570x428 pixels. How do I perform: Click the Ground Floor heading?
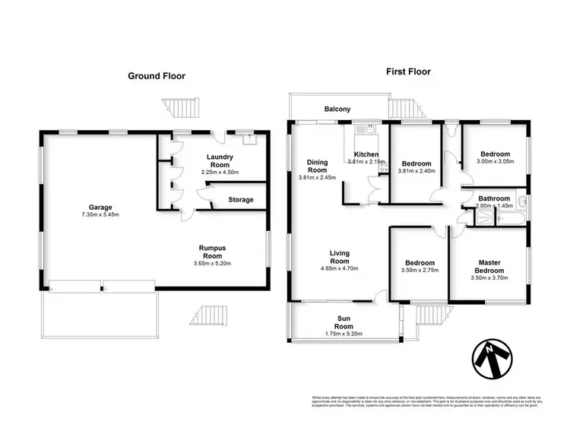(156, 76)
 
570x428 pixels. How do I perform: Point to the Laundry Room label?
(220, 162)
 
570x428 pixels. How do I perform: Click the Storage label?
(241, 200)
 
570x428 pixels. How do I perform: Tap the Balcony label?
(337, 109)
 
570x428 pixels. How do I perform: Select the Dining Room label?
(317, 166)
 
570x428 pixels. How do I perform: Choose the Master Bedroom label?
(489, 266)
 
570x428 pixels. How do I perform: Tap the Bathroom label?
(494, 198)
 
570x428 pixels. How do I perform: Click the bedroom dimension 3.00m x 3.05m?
(495, 161)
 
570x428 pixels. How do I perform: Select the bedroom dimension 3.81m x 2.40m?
(416, 172)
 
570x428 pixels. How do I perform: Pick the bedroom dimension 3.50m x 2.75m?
(418, 268)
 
